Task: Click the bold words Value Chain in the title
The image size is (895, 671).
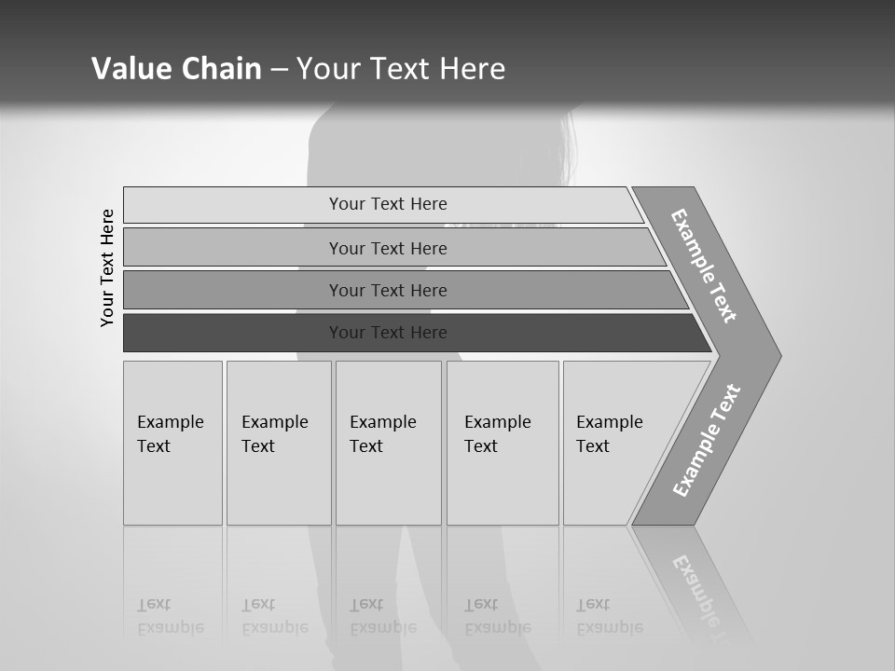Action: click(176, 69)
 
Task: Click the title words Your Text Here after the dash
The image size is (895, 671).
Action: click(401, 69)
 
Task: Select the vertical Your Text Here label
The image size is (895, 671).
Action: click(107, 267)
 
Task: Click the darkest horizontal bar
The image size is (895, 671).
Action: click(233, 333)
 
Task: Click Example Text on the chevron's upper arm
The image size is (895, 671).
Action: click(704, 266)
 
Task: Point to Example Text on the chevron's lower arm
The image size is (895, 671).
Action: click(706, 441)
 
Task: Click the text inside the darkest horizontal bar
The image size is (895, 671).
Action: click(388, 333)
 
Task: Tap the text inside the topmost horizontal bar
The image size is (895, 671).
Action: click(388, 204)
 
